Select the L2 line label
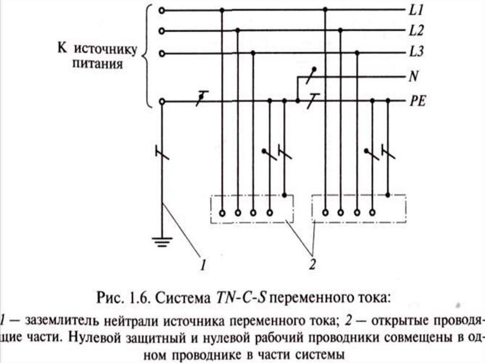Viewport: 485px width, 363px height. (x=416, y=32)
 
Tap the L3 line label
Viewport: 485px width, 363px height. (x=416, y=53)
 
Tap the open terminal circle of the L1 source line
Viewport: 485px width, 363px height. (x=162, y=10)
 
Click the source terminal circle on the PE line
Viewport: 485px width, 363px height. (x=162, y=101)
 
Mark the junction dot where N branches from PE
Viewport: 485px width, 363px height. (x=297, y=101)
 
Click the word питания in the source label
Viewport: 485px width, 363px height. (x=98, y=64)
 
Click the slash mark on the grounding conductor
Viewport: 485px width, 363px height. (x=162, y=152)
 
